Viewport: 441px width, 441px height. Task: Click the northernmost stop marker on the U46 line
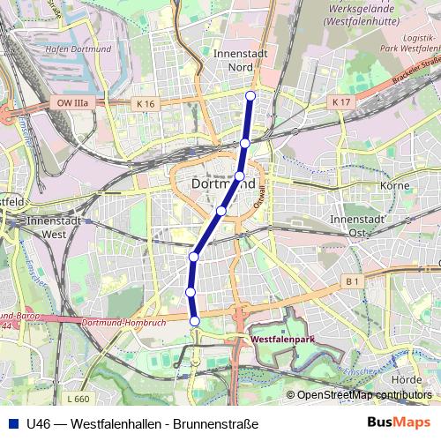[x=250, y=95]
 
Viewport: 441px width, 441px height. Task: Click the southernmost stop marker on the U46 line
[x=195, y=321]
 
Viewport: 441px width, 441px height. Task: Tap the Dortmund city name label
[x=224, y=184]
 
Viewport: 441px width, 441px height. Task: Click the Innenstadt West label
[x=56, y=228]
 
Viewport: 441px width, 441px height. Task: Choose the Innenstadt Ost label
[x=357, y=225]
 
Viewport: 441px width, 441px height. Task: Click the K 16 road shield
[x=146, y=103]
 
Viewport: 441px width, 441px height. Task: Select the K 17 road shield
[x=342, y=102]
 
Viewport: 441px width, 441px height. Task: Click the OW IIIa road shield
[x=73, y=103]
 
